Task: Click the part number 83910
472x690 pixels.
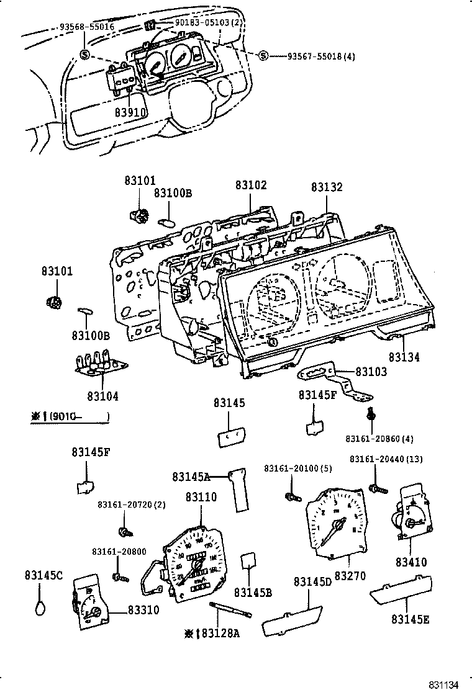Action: coord(130,113)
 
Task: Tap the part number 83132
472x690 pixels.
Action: coord(327,187)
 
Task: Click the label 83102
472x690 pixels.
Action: coord(251,185)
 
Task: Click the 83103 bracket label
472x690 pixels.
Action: coord(371,372)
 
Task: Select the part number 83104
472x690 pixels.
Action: coord(102,396)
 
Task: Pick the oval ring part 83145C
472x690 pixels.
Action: coord(40,605)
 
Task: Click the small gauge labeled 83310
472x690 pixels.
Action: coord(91,606)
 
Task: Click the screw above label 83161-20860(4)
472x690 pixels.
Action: coord(371,414)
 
